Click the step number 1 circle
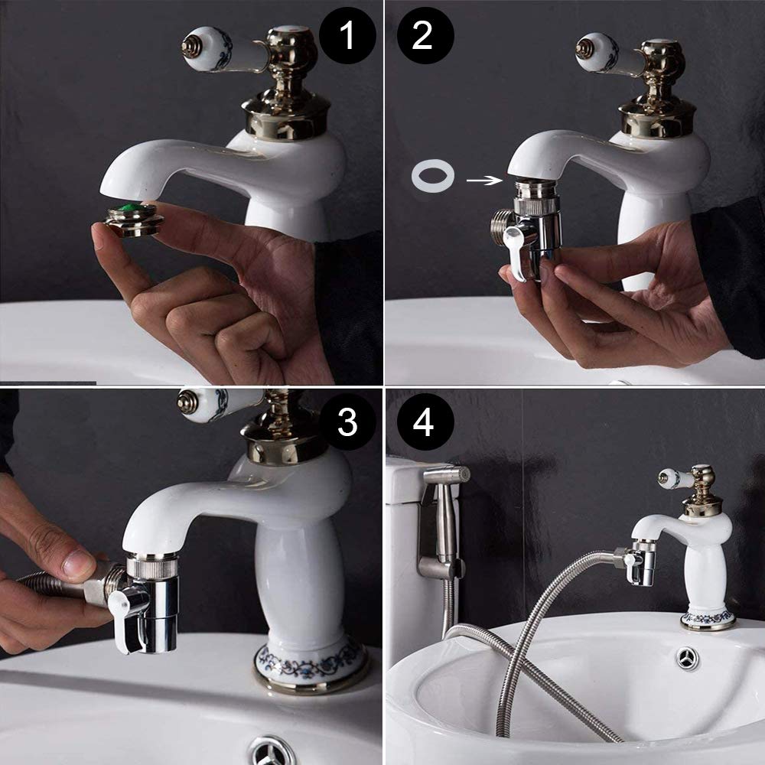(x=347, y=36)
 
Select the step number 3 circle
(x=347, y=422)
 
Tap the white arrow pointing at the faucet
(x=484, y=181)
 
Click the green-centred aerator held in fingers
(x=134, y=220)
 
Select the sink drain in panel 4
(x=688, y=658)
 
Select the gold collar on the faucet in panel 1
(x=286, y=119)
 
